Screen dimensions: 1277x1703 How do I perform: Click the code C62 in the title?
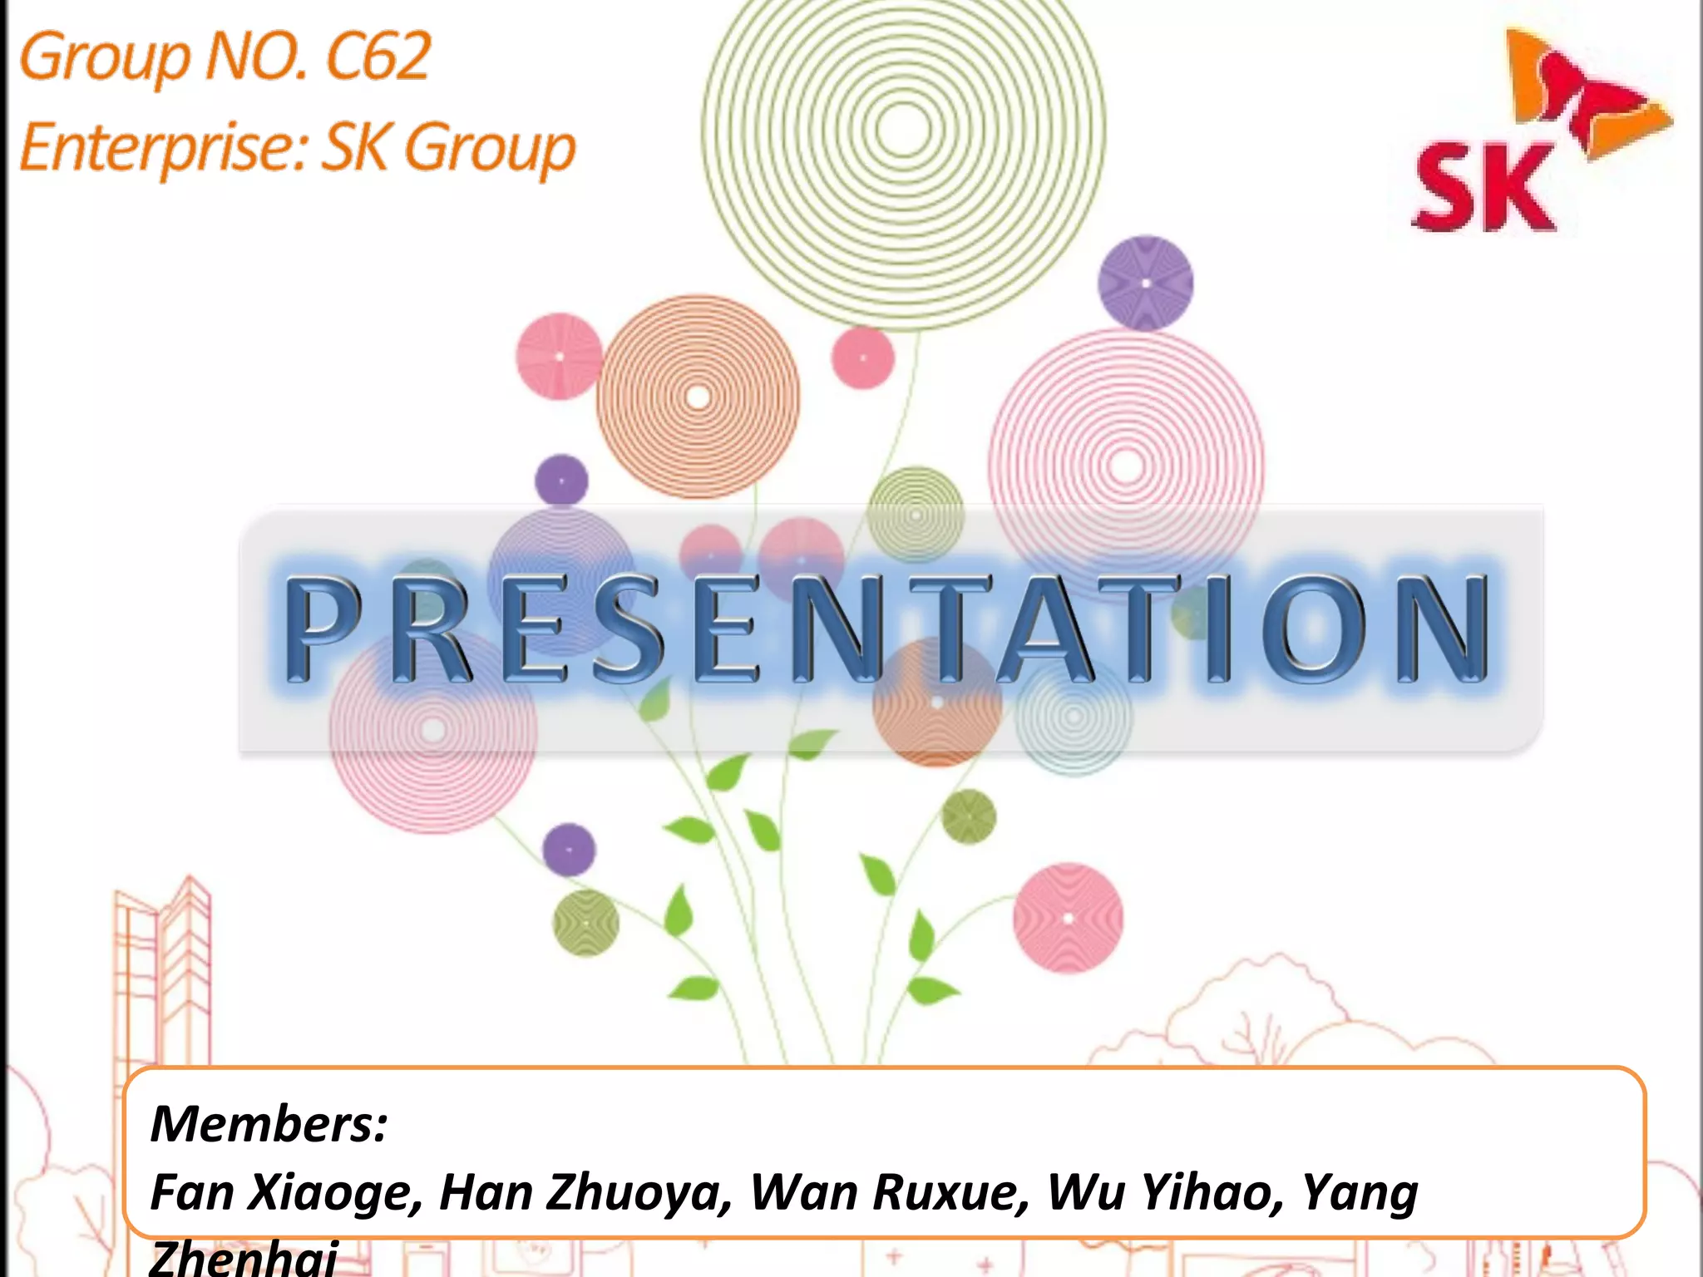click(378, 57)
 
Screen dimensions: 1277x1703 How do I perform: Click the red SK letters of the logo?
click(1483, 188)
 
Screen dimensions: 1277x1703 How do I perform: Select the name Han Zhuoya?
click(585, 1193)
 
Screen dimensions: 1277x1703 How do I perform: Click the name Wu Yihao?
click(1163, 1193)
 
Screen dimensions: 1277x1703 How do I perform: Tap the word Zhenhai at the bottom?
click(243, 1257)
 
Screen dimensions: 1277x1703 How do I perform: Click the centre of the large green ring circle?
click(903, 129)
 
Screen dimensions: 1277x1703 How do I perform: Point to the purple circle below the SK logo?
click(1145, 284)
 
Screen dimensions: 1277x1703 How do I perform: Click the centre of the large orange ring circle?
click(698, 397)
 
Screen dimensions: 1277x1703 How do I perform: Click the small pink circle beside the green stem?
click(862, 357)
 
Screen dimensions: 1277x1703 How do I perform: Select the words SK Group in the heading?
click(448, 148)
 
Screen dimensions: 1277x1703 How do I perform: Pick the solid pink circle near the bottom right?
click(1068, 918)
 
